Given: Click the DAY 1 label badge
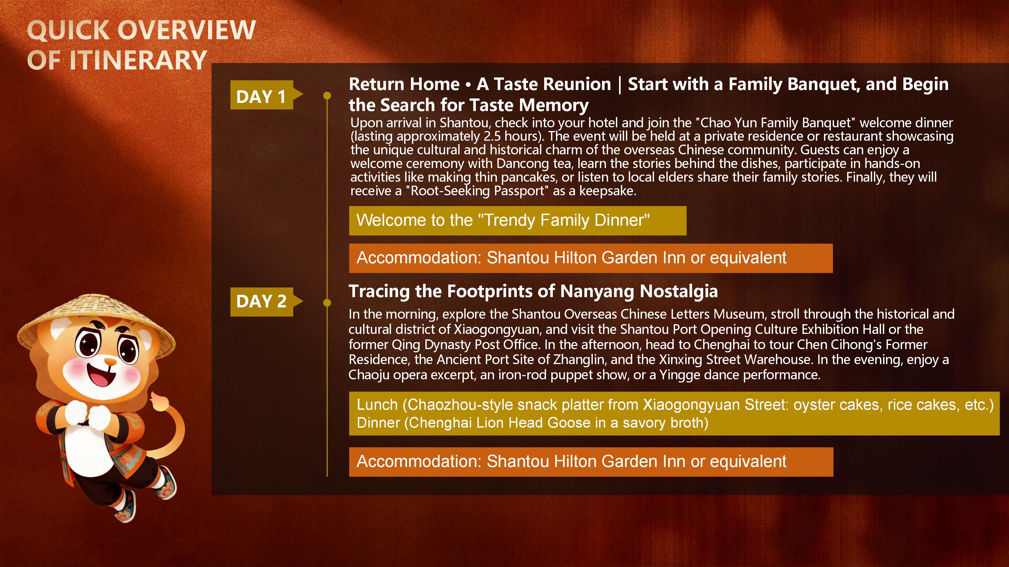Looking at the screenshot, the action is click(x=266, y=95).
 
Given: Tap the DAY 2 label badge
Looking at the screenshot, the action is click(x=266, y=302).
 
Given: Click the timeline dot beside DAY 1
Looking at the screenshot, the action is click(x=327, y=96).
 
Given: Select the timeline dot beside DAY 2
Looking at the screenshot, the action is click(x=327, y=302).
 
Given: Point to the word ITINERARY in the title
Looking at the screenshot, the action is click(x=138, y=60).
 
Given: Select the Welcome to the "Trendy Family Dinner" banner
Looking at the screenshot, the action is click(x=517, y=221).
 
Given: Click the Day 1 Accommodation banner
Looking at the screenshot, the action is click(x=591, y=258).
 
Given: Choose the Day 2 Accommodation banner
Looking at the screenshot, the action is click(x=591, y=462).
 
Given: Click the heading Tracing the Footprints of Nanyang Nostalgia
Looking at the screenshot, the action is click(x=533, y=292).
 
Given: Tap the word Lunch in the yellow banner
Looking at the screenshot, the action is click(x=377, y=405).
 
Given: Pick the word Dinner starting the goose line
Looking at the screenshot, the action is click(x=378, y=423).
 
